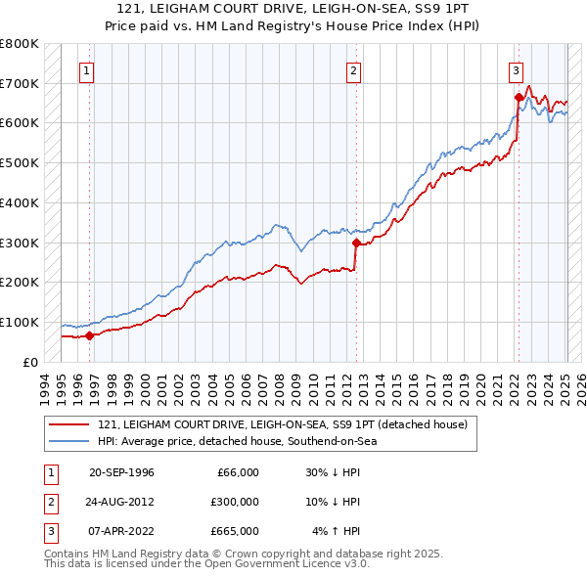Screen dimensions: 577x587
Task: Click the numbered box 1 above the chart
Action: click(87, 69)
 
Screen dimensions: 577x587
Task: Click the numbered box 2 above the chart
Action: click(353, 69)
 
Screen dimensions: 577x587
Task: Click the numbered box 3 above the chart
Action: click(515, 69)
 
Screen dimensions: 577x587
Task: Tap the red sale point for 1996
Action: click(89, 335)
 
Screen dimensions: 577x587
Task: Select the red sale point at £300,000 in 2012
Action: click(356, 243)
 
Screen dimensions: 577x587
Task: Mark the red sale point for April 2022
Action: click(518, 97)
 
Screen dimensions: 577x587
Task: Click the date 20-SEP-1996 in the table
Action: click(121, 472)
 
